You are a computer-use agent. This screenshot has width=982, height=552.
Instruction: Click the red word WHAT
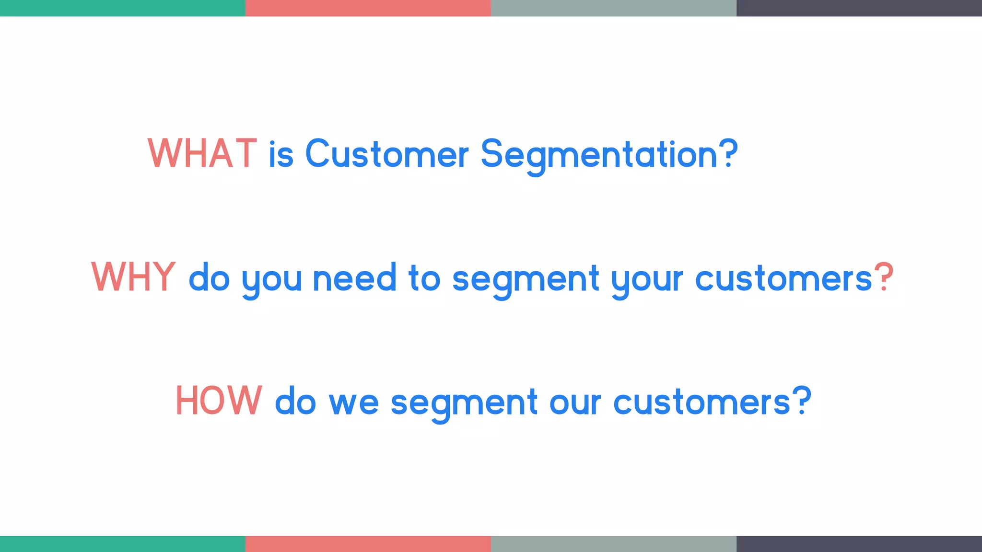[202, 154]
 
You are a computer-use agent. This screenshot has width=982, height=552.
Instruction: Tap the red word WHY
[133, 277]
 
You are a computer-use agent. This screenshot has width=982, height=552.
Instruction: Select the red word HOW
[219, 401]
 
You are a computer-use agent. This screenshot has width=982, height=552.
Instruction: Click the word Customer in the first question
[386, 154]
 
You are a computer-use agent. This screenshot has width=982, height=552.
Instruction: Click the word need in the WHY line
[354, 278]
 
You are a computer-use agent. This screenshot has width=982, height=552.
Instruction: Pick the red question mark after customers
[883, 277]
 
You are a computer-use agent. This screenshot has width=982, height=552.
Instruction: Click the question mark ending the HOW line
[801, 401]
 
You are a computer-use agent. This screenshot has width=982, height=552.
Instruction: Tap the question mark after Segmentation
[728, 153]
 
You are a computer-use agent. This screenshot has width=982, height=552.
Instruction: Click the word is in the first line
[281, 154]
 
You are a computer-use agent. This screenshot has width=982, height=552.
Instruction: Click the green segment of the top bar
[122, 8]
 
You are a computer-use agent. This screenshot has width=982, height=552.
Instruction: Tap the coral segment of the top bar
[368, 8]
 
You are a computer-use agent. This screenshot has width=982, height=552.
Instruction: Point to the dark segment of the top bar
[859, 8]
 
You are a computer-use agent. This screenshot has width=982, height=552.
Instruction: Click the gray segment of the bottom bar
[613, 544]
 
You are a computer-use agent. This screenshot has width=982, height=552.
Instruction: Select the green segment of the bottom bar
[122, 544]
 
